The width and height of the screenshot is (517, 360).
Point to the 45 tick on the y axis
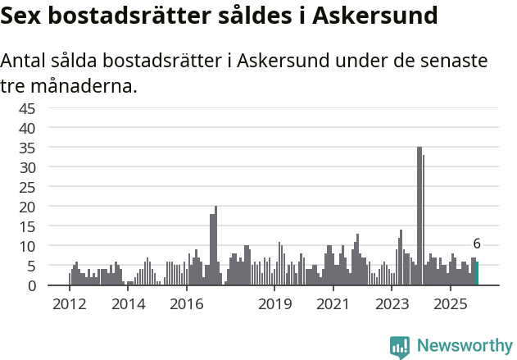click(28, 108)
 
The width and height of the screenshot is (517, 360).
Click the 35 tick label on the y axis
click(28, 148)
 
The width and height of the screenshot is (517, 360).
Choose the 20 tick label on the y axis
click(28, 207)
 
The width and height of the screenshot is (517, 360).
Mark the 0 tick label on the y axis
click(32, 285)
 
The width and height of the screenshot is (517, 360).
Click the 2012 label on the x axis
click(69, 304)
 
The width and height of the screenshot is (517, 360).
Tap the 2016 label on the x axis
click(186, 304)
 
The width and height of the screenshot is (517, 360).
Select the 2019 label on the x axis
click(274, 304)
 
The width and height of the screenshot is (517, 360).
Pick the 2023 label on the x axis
click(392, 304)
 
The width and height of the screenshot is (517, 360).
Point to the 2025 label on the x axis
click(450, 304)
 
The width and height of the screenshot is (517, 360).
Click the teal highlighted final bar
click(477, 274)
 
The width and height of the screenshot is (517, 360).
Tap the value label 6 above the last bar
click(477, 244)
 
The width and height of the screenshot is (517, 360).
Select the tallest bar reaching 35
click(419, 216)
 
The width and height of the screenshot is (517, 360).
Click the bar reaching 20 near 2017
click(215, 246)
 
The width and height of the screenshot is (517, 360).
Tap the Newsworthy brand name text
click(464, 346)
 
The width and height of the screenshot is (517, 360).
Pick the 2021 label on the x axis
click(333, 304)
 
